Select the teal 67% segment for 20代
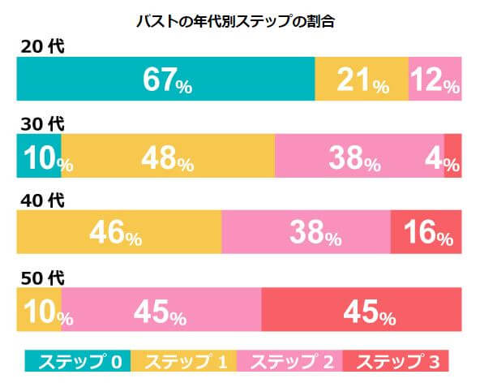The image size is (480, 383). [165, 79]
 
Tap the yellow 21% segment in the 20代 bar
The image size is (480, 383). [362, 79]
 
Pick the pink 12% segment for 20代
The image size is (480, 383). [435, 79]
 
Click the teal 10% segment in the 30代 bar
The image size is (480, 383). [39, 157]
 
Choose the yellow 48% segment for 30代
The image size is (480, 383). [168, 157]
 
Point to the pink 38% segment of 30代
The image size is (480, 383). [359, 157]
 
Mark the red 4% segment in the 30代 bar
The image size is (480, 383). [453, 157]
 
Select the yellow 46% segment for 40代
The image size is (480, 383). [119, 233]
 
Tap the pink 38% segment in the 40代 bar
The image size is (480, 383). [306, 233]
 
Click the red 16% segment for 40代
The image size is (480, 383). [426, 233]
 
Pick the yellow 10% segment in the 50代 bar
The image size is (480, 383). [39, 308]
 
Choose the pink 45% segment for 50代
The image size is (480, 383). [161, 308]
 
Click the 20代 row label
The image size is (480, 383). [41, 46]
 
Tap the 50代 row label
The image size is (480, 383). [41, 277]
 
